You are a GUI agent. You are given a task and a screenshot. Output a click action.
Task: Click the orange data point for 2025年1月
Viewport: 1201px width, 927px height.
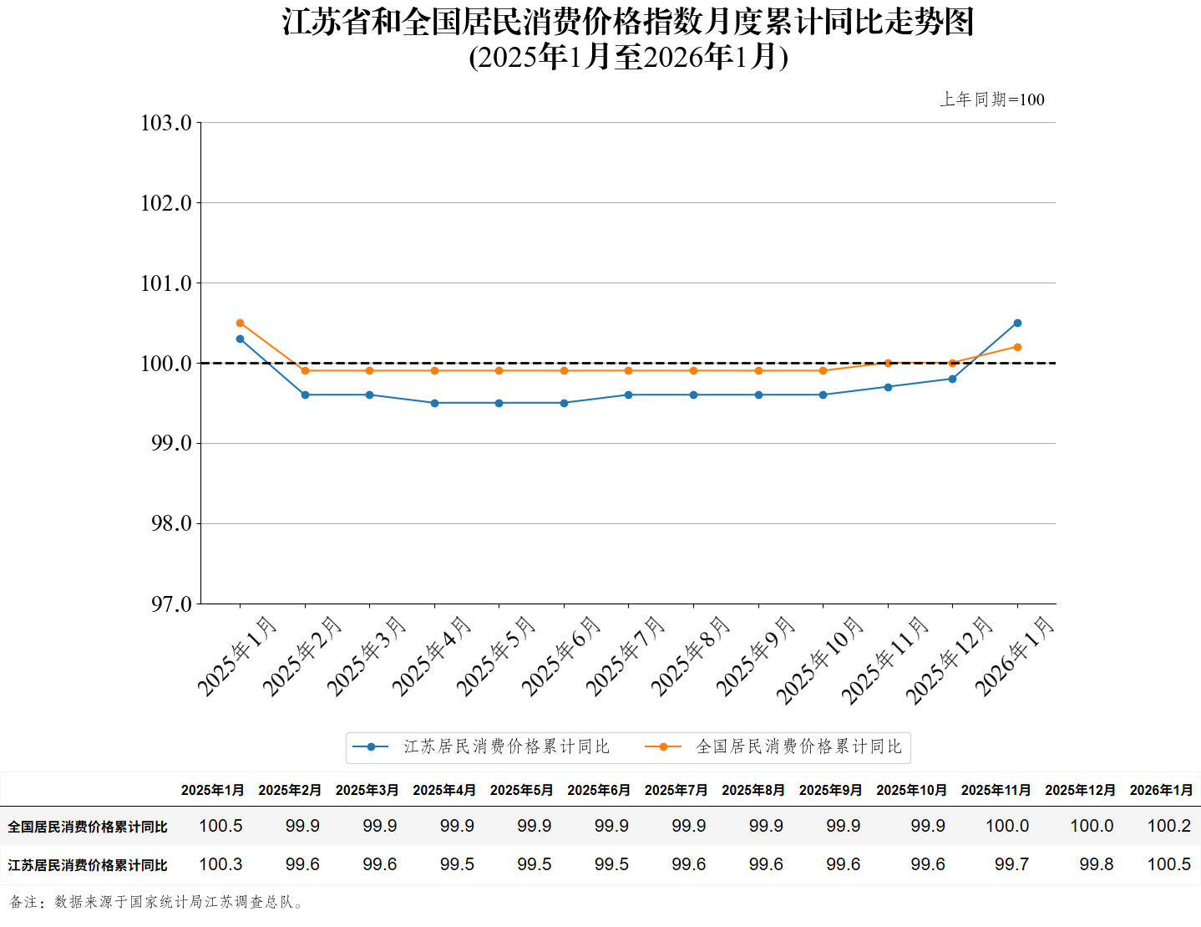(x=241, y=323)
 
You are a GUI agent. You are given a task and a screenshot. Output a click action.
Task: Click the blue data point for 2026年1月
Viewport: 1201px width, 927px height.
(x=1017, y=323)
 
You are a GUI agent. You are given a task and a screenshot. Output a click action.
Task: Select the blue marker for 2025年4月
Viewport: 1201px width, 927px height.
(x=434, y=403)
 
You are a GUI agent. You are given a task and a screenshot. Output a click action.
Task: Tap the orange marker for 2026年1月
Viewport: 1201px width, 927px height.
(x=1017, y=347)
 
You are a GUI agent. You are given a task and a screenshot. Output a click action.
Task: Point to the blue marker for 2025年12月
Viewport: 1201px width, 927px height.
(x=952, y=379)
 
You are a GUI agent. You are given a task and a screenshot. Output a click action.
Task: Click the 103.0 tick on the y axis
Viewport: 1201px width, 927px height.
(x=166, y=124)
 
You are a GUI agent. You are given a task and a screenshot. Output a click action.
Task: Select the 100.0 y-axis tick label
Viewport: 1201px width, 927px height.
(x=166, y=364)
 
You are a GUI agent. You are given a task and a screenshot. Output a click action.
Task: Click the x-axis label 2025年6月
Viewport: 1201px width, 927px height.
(x=561, y=655)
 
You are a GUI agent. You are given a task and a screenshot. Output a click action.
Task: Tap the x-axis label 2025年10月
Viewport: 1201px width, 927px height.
(x=819, y=660)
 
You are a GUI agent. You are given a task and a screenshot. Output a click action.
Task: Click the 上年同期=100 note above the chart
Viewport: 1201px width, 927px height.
(x=992, y=99)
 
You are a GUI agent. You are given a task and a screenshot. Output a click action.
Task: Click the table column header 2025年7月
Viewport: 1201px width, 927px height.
(x=676, y=790)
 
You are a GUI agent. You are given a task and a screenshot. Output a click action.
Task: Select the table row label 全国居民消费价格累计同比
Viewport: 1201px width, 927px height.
(x=88, y=827)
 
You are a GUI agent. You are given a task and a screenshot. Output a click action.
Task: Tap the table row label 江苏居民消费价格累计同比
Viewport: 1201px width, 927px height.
(x=88, y=865)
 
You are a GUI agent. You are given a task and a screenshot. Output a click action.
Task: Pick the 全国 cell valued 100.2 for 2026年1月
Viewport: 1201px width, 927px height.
(x=1168, y=826)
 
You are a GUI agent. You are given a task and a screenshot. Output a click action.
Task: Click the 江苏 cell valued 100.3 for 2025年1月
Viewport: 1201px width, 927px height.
(x=220, y=864)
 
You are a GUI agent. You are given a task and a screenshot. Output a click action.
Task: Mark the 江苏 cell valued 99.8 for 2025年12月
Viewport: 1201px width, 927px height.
(x=1096, y=864)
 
